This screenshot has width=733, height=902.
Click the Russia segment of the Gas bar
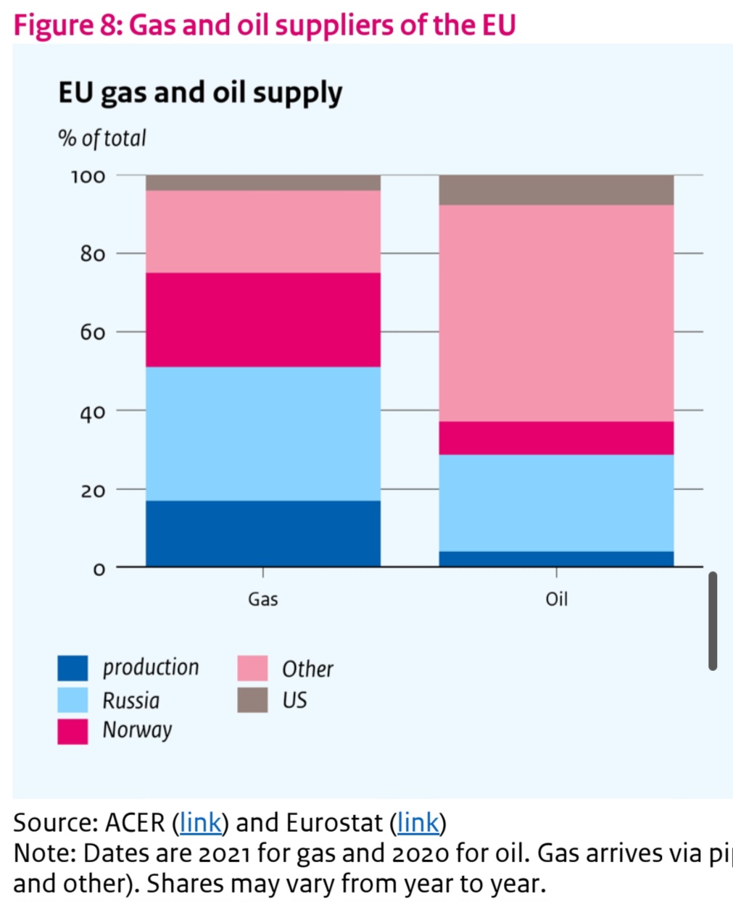pyautogui.click(x=262, y=433)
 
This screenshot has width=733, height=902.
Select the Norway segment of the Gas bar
pyautogui.click(x=262, y=320)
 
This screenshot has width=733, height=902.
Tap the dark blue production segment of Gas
pyautogui.click(x=262, y=533)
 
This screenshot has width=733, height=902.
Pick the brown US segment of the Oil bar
pyautogui.click(x=556, y=190)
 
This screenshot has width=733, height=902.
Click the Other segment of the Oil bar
pyautogui.click(x=556, y=313)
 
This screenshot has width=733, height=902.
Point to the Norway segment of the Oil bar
pyautogui.click(x=556, y=438)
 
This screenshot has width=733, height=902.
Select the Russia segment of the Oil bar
pyautogui.click(x=556, y=503)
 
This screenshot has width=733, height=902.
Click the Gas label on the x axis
pyautogui.click(x=262, y=599)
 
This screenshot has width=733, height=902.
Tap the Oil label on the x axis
pyautogui.click(x=556, y=599)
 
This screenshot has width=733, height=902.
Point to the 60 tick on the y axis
pyautogui.click(x=93, y=333)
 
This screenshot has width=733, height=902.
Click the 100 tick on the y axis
pyautogui.click(x=88, y=176)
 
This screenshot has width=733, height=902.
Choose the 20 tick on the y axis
pyautogui.click(x=93, y=490)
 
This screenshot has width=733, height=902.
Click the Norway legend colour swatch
pyautogui.click(x=73, y=731)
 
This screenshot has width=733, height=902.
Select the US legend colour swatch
pyautogui.click(x=252, y=700)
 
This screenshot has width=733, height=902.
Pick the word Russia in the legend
pyautogui.click(x=131, y=701)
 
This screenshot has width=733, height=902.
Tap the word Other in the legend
pyautogui.click(x=307, y=669)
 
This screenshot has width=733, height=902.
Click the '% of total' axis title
pyautogui.click(x=102, y=138)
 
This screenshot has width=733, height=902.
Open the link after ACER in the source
pyautogui.click(x=200, y=823)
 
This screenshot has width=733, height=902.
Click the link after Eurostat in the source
pyautogui.click(x=418, y=823)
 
